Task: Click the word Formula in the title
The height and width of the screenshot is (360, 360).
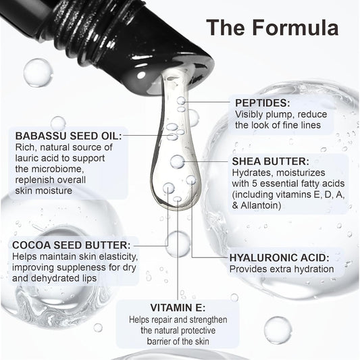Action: click(x=295, y=28)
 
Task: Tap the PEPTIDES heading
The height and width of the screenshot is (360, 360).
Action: click(x=263, y=103)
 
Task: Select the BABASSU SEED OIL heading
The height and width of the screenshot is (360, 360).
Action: click(x=68, y=136)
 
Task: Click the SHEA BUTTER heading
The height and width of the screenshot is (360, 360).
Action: click(x=270, y=161)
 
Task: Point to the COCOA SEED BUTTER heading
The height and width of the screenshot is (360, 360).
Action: click(x=71, y=245)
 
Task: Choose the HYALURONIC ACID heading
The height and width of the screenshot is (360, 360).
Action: click(x=280, y=257)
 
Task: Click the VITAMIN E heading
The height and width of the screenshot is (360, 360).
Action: click(x=178, y=307)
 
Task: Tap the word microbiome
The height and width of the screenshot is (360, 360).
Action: click(x=57, y=169)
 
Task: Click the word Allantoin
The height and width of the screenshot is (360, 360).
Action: click(x=259, y=205)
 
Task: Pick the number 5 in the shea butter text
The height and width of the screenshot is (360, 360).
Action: click(x=255, y=184)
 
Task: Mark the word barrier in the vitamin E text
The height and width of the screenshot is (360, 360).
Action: click(x=159, y=341)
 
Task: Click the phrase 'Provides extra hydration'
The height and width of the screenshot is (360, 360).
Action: click(x=282, y=269)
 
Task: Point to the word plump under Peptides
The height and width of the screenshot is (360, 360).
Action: click(x=283, y=115)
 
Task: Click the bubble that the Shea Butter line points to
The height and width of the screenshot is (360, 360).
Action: click(x=177, y=161)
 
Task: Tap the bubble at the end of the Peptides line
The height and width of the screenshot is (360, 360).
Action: click(x=181, y=101)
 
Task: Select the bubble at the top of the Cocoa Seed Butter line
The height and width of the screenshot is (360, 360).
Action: click(x=169, y=188)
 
